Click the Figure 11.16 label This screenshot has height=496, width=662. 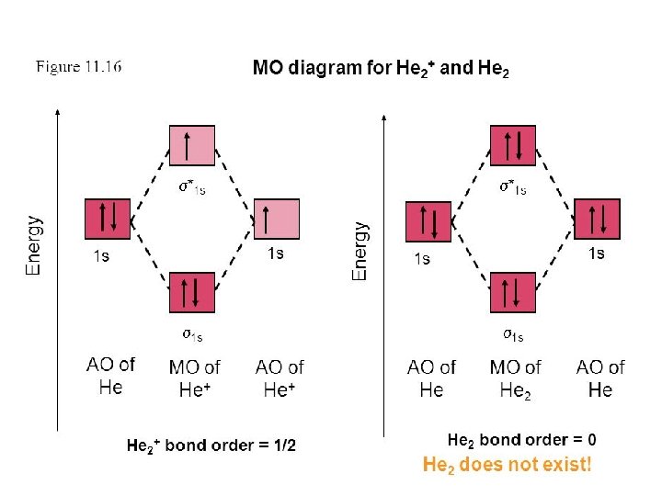78,67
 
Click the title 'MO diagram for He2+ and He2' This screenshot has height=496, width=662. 380,68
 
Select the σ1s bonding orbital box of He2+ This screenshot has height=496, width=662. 191,292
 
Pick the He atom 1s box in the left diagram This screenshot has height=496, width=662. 107,220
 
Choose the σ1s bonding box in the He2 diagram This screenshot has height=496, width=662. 512,293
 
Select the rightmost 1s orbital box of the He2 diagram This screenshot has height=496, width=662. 597,220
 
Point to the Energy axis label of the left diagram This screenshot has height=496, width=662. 34,244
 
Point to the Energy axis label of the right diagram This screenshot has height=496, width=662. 361,250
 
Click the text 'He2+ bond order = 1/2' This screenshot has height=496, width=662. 211,446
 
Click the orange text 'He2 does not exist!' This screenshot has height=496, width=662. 507,465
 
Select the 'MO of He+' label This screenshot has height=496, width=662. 194,378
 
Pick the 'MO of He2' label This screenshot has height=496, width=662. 516,378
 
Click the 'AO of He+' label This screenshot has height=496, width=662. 280,378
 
